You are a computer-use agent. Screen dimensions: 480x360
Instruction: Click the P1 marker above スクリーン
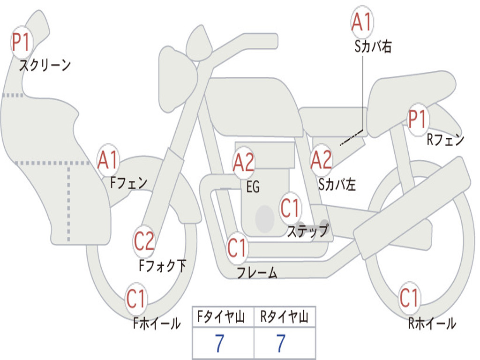pyautogui.click(x=22, y=42)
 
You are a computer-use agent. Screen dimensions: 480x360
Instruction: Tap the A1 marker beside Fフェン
pyautogui.click(x=108, y=160)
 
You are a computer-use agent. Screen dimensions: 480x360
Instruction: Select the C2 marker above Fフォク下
pyautogui.click(x=144, y=241)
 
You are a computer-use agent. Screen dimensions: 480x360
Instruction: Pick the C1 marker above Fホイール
pyautogui.click(x=136, y=299)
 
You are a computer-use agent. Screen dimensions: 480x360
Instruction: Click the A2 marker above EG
pyautogui.click(x=243, y=163)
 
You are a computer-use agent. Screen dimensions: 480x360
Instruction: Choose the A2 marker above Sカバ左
pyautogui.click(x=321, y=160)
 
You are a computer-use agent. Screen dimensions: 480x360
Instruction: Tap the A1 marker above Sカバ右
pyautogui.click(x=362, y=22)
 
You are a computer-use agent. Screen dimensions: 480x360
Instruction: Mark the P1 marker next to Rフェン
pyautogui.click(x=418, y=120)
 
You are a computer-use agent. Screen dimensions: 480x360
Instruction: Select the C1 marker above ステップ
pyautogui.click(x=290, y=208)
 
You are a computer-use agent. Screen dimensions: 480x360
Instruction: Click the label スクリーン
pyautogui.click(x=45, y=65)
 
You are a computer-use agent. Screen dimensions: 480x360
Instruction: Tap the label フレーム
pyautogui.click(x=257, y=272)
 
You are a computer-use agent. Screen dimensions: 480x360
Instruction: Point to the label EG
pyautogui.click(x=253, y=187)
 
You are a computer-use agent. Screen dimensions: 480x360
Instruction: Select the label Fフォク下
pyautogui.click(x=163, y=265)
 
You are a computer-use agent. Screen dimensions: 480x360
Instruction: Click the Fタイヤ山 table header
pyautogui.click(x=221, y=316)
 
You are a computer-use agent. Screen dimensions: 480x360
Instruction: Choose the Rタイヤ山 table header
pyautogui.click(x=285, y=316)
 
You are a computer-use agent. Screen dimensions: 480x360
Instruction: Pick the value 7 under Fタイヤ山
pyautogui.click(x=220, y=343)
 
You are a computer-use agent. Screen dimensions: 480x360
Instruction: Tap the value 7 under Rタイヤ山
pyautogui.click(x=281, y=343)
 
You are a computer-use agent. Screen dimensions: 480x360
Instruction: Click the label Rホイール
pyautogui.click(x=432, y=323)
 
